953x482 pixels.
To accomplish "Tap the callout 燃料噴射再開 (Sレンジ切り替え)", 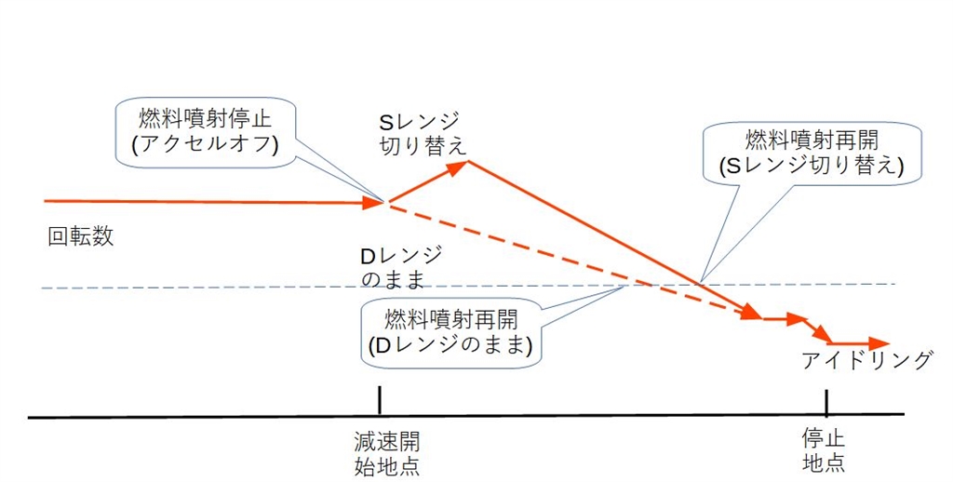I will (812, 153).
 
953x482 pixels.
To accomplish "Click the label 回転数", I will (80, 236).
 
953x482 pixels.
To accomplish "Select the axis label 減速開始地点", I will (380, 450).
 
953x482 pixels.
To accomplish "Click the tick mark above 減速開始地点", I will (380, 401).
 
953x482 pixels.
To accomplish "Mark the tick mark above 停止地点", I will (826, 402).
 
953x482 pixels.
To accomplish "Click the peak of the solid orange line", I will (467, 163).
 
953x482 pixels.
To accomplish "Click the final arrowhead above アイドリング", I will (879, 343).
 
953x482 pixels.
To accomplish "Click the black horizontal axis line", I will (558, 416).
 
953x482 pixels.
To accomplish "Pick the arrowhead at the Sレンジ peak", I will (457, 167).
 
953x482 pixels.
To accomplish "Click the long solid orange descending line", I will (605, 237).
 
